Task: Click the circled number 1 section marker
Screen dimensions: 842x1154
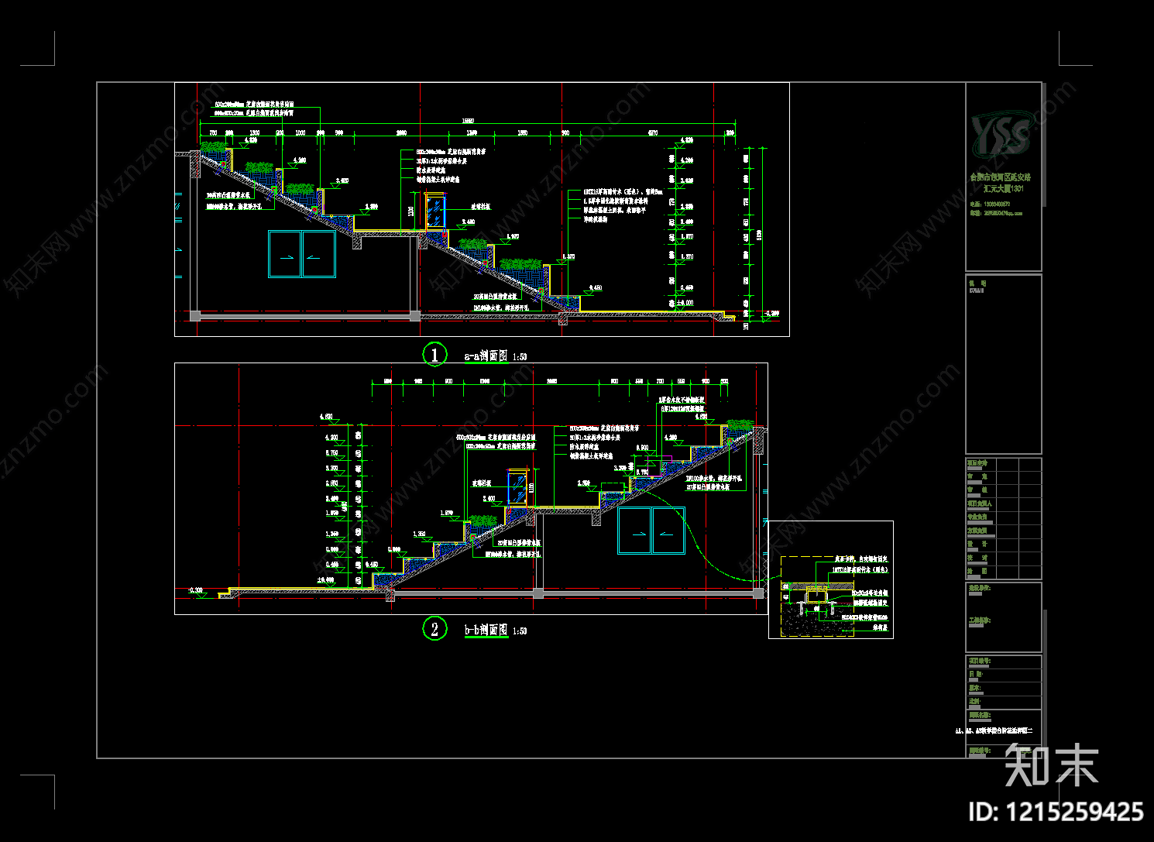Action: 434,355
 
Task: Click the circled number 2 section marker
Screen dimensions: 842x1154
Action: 434,628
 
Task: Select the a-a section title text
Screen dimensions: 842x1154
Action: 486,356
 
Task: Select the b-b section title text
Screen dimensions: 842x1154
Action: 486,631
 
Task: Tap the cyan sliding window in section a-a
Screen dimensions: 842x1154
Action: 302,254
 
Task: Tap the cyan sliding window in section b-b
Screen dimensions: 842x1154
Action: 651,531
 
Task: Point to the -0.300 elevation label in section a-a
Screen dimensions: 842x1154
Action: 771,314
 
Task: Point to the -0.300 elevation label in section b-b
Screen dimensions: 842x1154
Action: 194,591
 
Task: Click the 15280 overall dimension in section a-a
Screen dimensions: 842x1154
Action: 468,121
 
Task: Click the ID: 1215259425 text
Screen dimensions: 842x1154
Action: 1056,812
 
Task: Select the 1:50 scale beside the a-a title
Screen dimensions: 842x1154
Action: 519,357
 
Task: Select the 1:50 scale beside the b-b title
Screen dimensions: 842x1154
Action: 519,631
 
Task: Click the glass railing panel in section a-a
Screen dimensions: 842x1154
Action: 434,212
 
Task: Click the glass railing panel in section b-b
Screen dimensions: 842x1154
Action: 517,487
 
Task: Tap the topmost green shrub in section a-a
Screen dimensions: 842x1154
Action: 213,147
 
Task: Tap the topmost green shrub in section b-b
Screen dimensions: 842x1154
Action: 739,426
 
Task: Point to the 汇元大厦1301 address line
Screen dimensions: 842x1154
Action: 1004,188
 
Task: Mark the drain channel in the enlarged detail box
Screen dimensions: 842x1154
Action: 817,597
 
